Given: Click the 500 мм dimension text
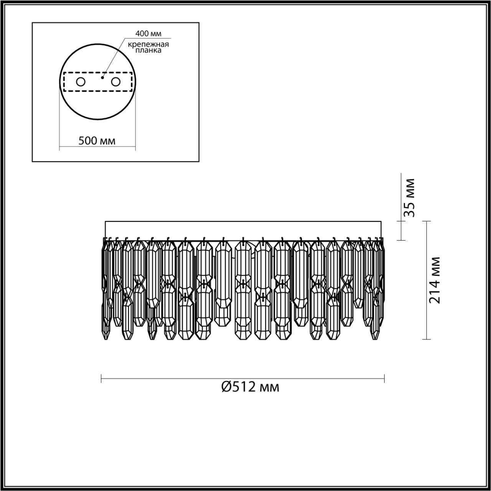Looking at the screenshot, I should click(x=97, y=140).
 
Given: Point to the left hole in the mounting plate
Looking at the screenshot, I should click(x=81, y=82).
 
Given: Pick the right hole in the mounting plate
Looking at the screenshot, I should click(x=116, y=82).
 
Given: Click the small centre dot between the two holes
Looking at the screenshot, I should click(x=102, y=77).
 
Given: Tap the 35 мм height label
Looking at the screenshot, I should click(x=410, y=198).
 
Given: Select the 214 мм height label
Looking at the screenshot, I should click(x=434, y=280).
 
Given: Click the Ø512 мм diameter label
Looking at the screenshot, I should click(x=250, y=387).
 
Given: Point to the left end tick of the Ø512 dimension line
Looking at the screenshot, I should click(x=101, y=379).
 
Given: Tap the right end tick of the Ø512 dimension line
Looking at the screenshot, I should click(x=384, y=379).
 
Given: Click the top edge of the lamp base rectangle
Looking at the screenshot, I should click(x=243, y=221).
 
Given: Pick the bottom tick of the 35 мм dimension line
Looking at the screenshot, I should click(x=401, y=240).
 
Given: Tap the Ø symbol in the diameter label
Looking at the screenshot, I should click(x=226, y=387).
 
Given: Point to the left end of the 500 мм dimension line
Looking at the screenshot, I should click(x=59, y=147).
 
